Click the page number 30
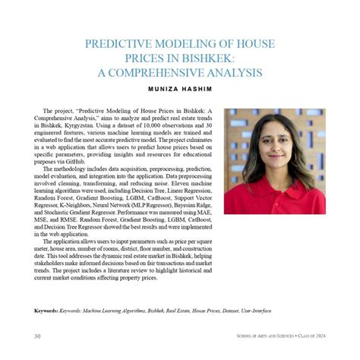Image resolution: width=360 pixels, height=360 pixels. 36,335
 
